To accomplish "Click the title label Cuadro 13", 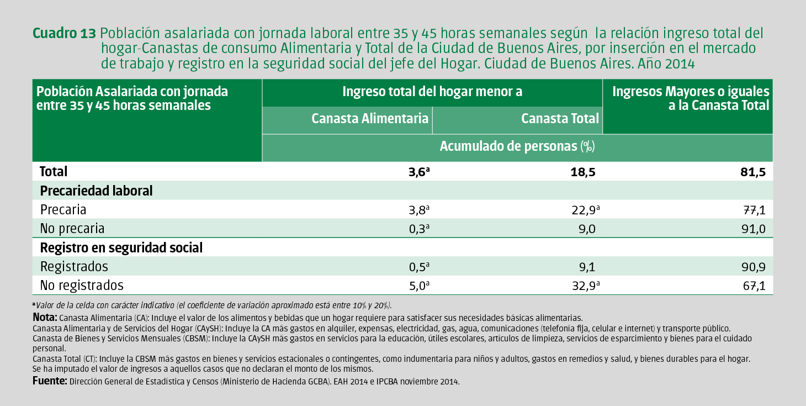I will (65, 33).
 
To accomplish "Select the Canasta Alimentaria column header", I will (370, 118).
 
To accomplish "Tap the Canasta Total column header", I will (560, 118).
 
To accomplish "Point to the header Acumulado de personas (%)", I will (517, 146).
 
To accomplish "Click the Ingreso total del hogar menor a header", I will (432, 92).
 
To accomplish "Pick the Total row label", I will (54, 172).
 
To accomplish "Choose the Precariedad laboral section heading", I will (96, 191).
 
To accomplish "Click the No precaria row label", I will (72, 229).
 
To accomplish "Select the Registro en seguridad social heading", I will (121, 247).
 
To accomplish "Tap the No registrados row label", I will (82, 286).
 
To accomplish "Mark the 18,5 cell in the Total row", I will (584, 172).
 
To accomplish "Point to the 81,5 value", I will (753, 172).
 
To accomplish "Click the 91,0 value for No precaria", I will (752, 229).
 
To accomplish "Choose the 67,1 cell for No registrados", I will (753, 286).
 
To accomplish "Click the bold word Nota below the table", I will (45, 318).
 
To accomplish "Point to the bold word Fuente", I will (50, 381).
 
